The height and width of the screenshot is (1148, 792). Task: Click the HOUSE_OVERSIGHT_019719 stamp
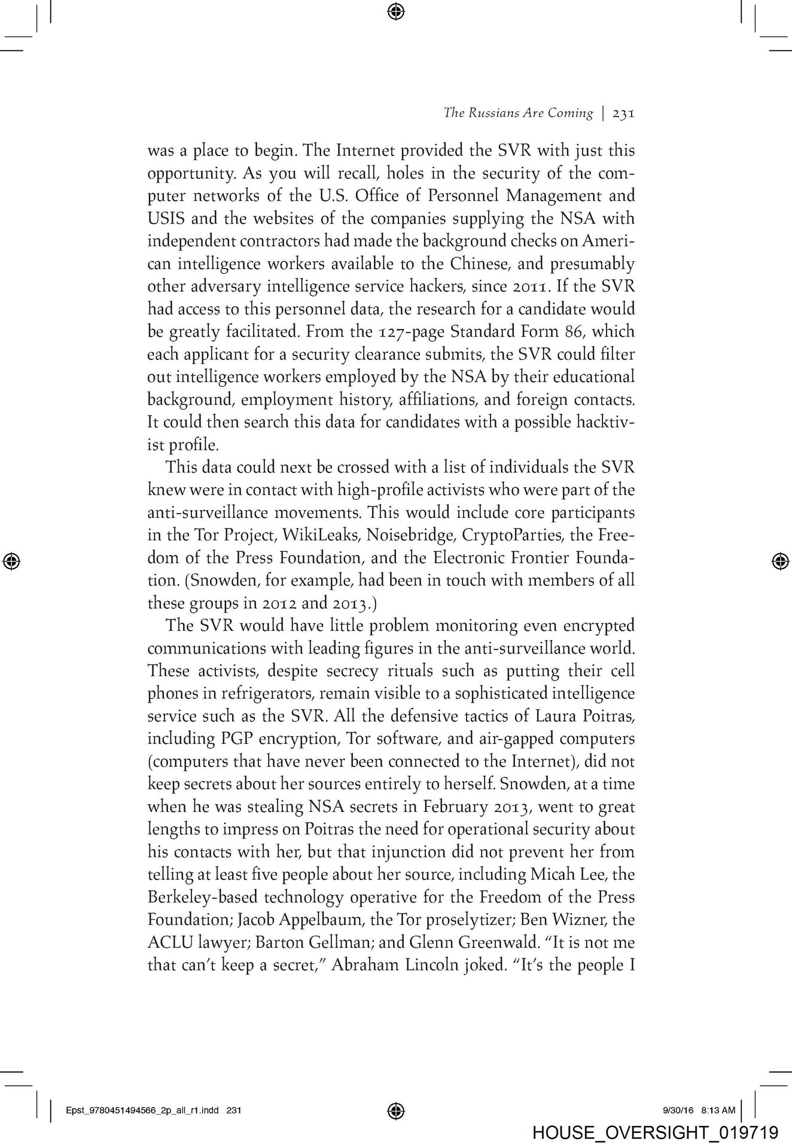click(654, 1133)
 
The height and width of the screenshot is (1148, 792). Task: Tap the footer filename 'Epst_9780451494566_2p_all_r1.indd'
click(144, 1110)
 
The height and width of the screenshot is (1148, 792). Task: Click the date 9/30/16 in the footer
click(678, 1110)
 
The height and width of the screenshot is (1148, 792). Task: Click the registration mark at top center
click(396, 11)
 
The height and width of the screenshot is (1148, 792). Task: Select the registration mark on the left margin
click(12, 560)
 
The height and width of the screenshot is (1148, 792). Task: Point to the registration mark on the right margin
click(779, 561)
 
